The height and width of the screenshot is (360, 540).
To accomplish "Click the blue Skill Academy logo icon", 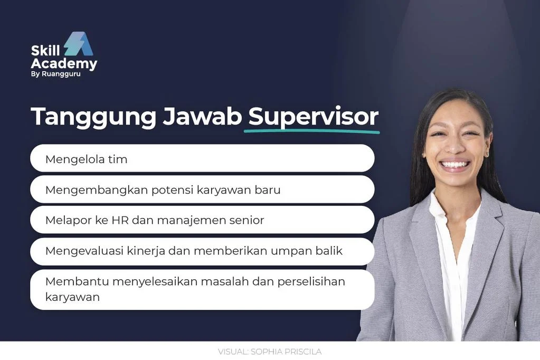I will click(79, 45).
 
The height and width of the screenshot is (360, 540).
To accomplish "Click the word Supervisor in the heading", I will click(313, 117).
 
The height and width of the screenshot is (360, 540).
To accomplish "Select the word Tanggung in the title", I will click(93, 117).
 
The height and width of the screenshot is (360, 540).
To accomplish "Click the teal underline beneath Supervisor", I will click(311, 130).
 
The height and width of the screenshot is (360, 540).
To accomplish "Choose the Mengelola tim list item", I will click(87, 159).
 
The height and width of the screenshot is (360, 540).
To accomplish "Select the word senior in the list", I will click(243, 220).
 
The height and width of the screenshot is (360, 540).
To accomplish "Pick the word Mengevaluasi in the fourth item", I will click(84, 251).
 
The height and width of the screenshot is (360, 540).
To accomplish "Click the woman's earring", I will click(486, 153).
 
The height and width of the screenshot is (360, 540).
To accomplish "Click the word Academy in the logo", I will click(64, 64).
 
